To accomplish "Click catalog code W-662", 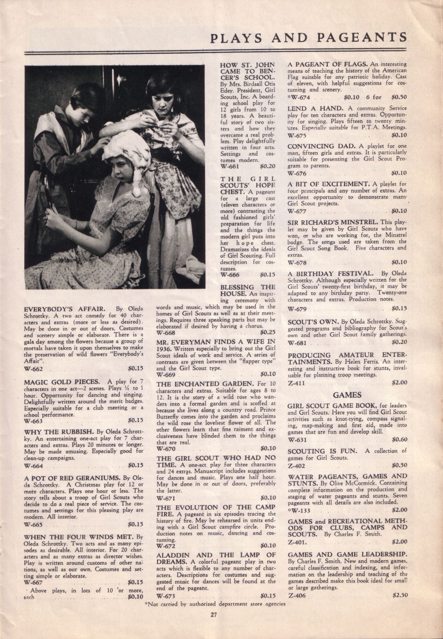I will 34,369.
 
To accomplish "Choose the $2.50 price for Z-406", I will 399,595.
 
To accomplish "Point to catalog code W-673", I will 167,596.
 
